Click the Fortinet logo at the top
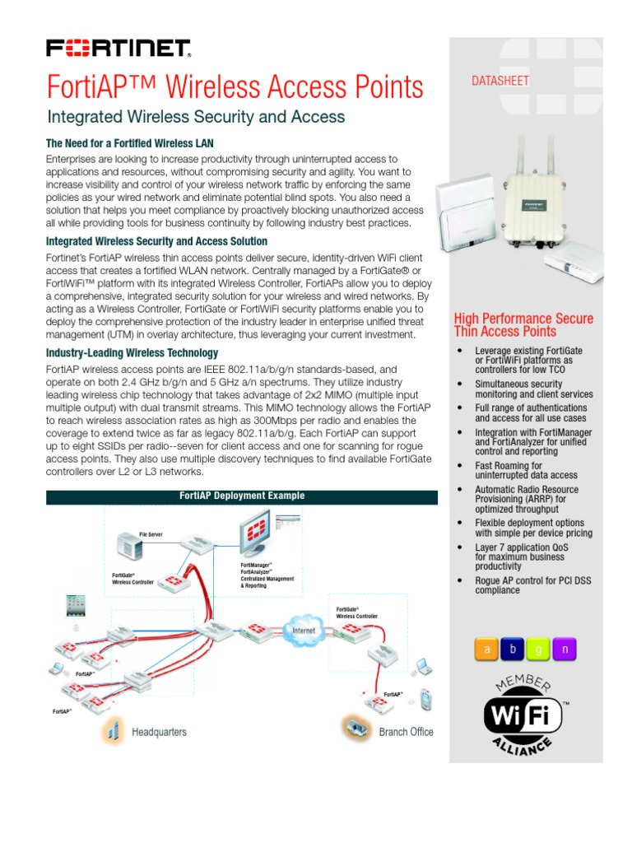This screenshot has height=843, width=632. [118, 49]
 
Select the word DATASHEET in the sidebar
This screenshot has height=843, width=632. [500, 81]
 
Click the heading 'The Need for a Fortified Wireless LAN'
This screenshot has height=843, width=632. [130, 143]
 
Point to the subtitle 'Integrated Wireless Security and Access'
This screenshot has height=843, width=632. [196, 117]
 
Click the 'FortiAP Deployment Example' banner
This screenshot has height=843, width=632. [242, 496]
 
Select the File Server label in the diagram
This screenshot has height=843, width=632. [151, 534]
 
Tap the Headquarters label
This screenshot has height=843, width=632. [159, 732]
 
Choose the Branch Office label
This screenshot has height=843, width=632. [406, 732]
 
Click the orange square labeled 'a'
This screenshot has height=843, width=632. [486, 650]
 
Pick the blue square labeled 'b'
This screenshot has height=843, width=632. [513, 650]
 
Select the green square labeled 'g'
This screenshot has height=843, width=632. [539, 650]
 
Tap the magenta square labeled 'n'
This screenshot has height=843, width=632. [565, 650]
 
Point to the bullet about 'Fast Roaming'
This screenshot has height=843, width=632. [514, 471]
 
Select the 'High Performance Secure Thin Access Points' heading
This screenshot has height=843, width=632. [523, 325]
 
